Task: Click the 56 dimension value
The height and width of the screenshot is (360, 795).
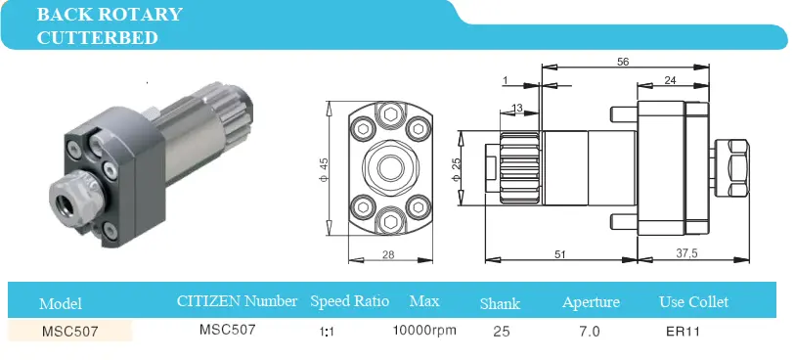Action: pos(623,62)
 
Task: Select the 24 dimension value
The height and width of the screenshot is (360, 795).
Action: pos(670,80)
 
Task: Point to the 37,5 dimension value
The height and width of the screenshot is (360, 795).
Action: pos(687,253)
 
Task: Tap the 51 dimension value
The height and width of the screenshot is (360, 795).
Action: pos(559,254)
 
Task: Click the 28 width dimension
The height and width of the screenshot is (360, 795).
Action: pos(388,254)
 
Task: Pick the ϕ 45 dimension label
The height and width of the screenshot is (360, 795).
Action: pos(324,169)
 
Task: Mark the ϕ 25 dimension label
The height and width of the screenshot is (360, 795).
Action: pos(456,169)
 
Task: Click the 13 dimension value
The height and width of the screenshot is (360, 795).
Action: pos(517,108)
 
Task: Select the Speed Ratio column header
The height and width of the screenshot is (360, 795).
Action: pos(350,301)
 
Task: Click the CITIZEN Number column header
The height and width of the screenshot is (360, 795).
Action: pos(237,301)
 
